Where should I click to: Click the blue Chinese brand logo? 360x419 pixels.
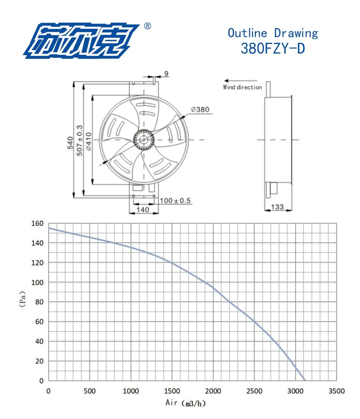[x=81, y=41]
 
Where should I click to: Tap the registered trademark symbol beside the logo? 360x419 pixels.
[x=147, y=26]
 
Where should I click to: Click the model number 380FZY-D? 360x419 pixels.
[x=273, y=49]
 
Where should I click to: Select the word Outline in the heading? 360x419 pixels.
[x=247, y=33]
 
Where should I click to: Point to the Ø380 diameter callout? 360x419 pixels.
[x=200, y=109]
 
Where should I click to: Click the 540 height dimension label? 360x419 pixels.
[x=70, y=143]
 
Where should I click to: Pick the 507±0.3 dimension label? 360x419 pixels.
[x=80, y=140]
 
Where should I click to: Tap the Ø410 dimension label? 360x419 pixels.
[x=89, y=142]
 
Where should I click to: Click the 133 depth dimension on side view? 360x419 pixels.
[x=277, y=206]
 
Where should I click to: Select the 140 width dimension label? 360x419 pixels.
[x=143, y=210]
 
